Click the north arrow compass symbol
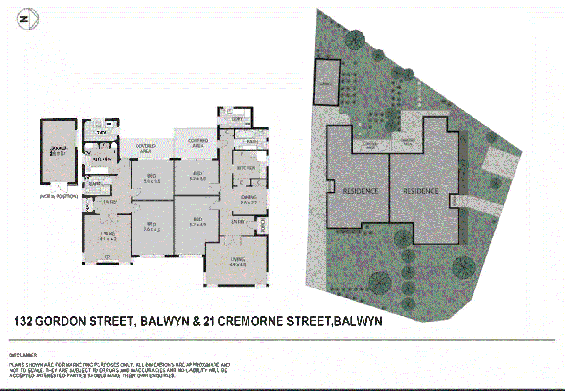[x=28, y=19]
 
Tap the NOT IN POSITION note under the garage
[x=59, y=196]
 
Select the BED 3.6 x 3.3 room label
[x=152, y=179]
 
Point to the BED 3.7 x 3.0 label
[x=198, y=176]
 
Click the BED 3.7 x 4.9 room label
[x=198, y=222]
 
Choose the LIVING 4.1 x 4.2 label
[x=108, y=236]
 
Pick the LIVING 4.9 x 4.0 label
[x=238, y=262]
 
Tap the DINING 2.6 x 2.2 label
[x=249, y=200]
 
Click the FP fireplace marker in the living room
[x=107, y=257]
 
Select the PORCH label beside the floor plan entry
[x=263, y=225]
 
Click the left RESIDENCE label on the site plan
[x=361, y=191]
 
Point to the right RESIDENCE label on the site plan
[x=421, y=191]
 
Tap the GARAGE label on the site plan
[x=326, y=84]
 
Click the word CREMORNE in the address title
[x=250, y=321]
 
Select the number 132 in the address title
[x=23, y=321]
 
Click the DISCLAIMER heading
[x=23, y=355]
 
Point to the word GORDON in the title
[x=60, y=321]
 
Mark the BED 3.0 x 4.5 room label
[x=152, y=227]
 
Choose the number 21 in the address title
[x=209, y=321]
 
